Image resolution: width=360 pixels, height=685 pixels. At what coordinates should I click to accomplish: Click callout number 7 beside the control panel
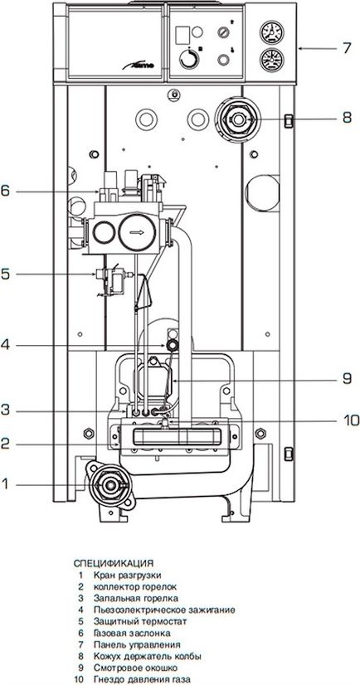pos(347,47)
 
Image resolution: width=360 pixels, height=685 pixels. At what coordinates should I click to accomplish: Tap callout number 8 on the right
pos(347,118)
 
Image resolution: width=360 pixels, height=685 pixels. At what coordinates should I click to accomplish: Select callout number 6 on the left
pos(4,192)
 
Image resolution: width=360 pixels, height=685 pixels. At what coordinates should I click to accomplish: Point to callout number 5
pos(4,274)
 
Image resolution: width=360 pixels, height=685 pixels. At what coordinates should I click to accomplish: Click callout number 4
pos(4,346)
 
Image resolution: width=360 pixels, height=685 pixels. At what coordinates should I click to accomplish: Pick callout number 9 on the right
pos(347,379)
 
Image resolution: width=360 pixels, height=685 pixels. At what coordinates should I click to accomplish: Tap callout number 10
pos(350,420)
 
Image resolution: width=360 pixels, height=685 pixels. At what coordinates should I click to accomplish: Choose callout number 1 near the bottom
pos(5,484)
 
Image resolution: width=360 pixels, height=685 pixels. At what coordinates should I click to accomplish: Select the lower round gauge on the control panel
pos(272,61)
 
